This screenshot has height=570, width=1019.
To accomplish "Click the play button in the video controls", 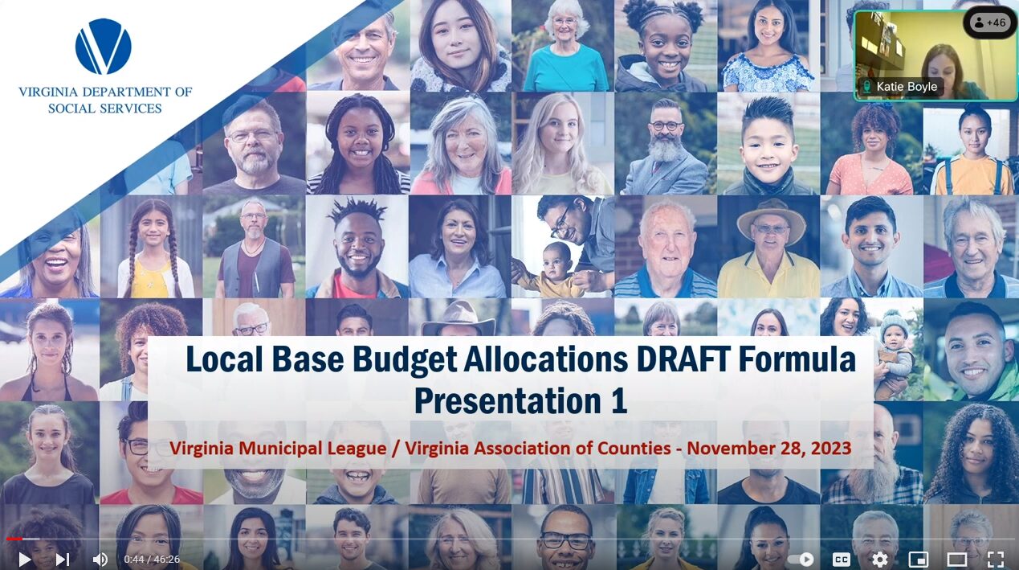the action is point(25,559).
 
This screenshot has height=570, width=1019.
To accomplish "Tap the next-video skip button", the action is point(63,559).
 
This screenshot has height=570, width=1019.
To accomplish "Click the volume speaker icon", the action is point(100,559).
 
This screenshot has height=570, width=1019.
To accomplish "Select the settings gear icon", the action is point(879,559).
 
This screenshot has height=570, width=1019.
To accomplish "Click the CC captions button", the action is point(841,559).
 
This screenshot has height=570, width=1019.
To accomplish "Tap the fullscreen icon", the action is point(996,559).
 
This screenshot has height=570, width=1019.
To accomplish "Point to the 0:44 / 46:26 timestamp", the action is point(152,559).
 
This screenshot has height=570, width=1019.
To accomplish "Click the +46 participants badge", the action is point(989,23).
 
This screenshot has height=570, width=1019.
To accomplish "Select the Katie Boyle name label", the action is point(907,87).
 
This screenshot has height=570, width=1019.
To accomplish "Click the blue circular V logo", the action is point(104,46).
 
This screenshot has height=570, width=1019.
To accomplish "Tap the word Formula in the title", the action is point(797,359).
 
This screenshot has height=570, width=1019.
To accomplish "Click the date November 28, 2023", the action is point(768,448).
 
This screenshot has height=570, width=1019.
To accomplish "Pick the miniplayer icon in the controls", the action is point(918,559).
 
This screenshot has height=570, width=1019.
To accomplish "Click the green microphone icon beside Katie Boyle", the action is point(867,87).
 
